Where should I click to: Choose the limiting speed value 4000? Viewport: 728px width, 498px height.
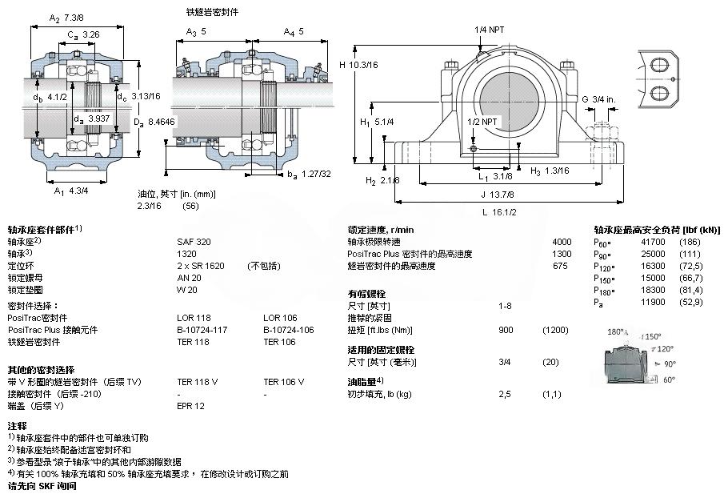pyautogui.click(x=562, y=241)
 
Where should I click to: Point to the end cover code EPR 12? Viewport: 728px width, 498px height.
pyautogui.click(x=190, y=406)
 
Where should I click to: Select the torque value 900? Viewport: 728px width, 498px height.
pyautogui.click(x=506, y=330)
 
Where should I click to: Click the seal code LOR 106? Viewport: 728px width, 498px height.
pyautogui.click(x=279, y=318)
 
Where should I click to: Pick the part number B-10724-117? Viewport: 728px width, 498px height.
pyautogui.click(x=202, y=330)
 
